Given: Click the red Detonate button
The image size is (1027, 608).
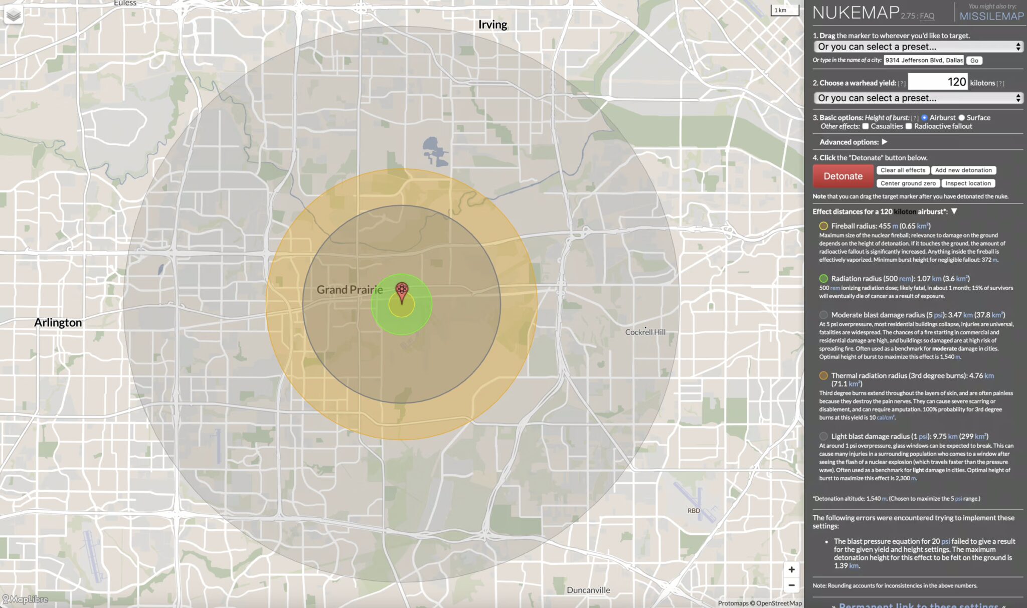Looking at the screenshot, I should click(x=843, y=176).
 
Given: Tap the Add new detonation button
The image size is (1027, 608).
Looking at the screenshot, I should click(x=963, y=170).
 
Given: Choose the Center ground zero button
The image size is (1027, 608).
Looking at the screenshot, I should click(x=908, y=183).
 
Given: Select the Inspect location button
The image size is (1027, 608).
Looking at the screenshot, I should click(x=968, y=183).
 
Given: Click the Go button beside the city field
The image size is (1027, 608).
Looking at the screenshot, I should click(x=974, y=61).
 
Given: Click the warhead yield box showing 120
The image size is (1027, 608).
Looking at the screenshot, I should click(x=937, y=82).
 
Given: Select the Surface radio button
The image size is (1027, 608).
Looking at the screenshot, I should click(x=961, y=118).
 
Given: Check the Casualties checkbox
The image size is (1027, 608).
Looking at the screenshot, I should click(x=866, y=126).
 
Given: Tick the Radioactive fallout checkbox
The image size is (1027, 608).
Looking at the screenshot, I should click(x=909, y=126).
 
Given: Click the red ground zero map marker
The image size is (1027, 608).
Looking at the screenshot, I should click(x=402, y=291).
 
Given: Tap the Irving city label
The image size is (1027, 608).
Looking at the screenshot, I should click(x=492, y=25).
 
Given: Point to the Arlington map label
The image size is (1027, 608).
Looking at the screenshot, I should click(x=58, y=322).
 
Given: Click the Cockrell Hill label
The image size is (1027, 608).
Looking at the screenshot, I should click(x=645, y=332).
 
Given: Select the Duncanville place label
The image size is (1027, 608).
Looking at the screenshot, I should click(x=588, y=590).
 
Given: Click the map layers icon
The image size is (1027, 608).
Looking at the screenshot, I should click(x=14, y=15).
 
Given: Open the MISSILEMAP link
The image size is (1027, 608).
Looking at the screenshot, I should click(x=991, y=16).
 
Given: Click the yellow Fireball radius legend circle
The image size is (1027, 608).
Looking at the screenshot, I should click(x=823, y=226).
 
